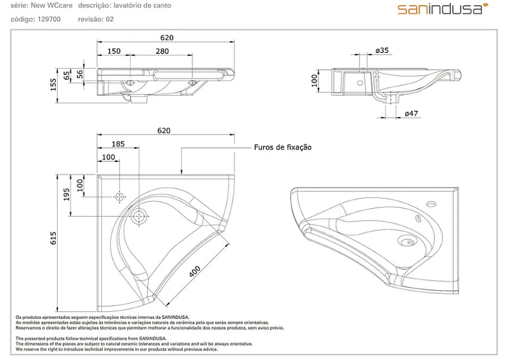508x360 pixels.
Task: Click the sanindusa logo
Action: pyautogui.click(x=443, y=9)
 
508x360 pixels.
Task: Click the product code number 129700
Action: pyautogui.click(x=49, y=19)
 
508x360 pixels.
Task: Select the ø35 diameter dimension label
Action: pyautogui.click(x=382, y=50)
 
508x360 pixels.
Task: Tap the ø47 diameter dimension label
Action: pyautogui.click(x=411, y=114)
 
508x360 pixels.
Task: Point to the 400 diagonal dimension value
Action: pyautogui.click(x=195, y=271)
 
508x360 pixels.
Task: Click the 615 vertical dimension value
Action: pyautogui.click(x=54, y=238)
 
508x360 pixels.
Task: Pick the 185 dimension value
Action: pyautogui.click(x=118, y=144)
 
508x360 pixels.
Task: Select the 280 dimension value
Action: pyautogui.click(x=162, y=51)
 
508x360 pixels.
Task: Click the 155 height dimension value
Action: pyautogui.click(x=54, y=84)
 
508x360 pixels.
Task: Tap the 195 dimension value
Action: pyautogui.click(x=66, y=195)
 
